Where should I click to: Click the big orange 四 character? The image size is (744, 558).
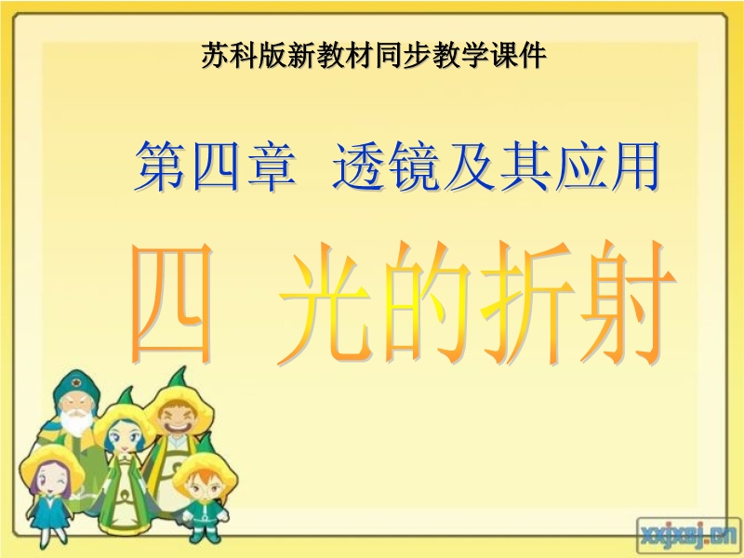[x=172, y=303]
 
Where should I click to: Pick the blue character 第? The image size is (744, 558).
[x=160, y=166]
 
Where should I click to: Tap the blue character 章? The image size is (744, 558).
[x=271, y=166]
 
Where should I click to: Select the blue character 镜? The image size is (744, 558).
[x=411, y=166]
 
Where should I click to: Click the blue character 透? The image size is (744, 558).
[x=357, y=166]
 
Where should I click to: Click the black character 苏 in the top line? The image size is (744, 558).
[x=216, y=56]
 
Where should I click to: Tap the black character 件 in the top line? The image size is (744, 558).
[x=531, y=56]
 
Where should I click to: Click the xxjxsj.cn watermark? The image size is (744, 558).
[x=688, y=537]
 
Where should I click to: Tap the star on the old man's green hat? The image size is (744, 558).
[x=75, y=382]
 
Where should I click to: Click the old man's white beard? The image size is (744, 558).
[x=76, y=420]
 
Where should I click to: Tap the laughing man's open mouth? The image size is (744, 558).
[x=177, y=425]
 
